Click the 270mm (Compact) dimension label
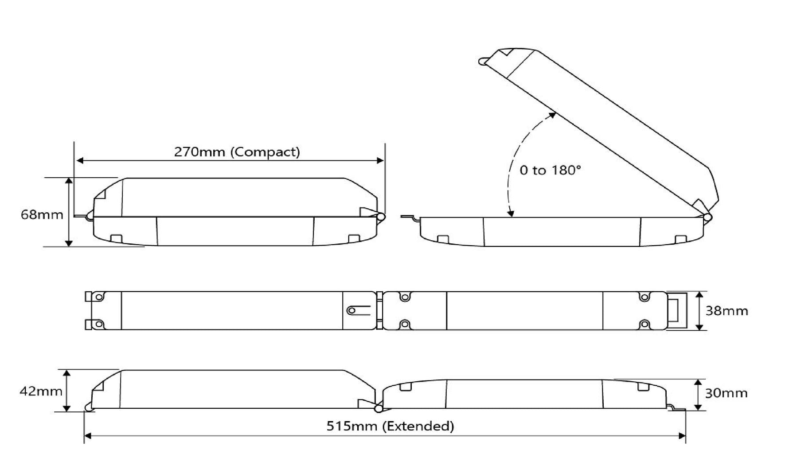237,152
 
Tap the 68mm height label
42,215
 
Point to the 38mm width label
727,311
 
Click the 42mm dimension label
41,391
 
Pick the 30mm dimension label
726,393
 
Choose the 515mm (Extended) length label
391,426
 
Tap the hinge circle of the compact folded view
380,217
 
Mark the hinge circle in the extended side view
379,408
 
